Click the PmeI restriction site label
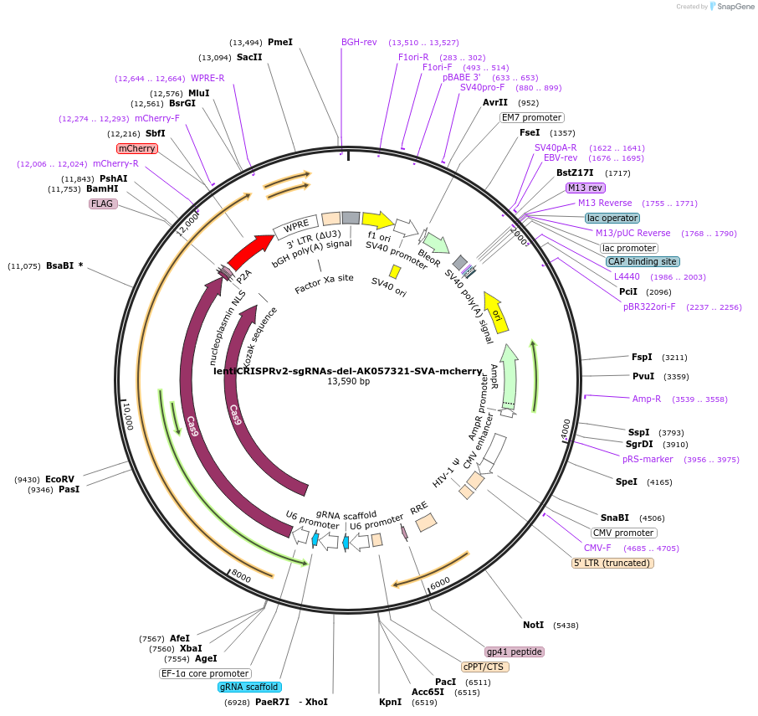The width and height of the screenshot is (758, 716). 280,42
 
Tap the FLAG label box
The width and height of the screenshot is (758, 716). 103,203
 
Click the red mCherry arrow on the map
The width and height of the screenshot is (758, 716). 250,248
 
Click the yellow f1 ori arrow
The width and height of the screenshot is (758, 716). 377,220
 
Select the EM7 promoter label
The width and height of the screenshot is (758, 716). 532,118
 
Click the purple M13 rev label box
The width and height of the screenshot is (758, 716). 585,188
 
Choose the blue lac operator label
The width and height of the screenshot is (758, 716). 612,218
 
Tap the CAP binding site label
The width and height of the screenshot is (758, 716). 643,262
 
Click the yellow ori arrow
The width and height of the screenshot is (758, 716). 495,313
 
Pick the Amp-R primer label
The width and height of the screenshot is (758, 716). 647,399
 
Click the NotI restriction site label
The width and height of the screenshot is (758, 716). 533,625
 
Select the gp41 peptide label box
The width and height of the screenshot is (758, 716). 515,652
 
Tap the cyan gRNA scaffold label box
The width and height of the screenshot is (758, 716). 248,687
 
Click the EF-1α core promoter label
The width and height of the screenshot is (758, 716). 205,672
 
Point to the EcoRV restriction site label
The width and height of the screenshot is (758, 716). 59,480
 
